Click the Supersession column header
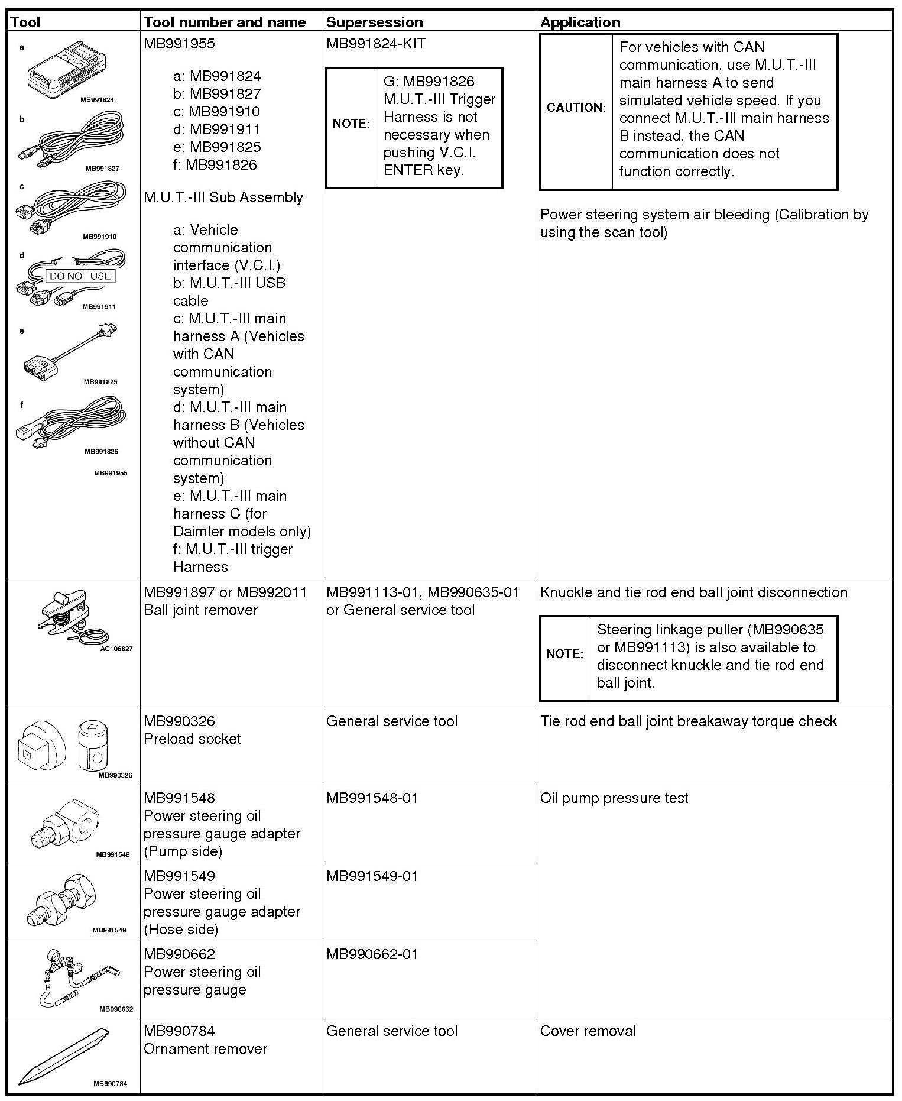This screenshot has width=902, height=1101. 374,22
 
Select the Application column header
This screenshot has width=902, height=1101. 580,22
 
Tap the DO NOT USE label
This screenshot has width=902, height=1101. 80,276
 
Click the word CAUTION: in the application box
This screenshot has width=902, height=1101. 576,108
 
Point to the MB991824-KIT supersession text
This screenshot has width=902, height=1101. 375,44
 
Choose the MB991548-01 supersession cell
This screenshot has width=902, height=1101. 372,798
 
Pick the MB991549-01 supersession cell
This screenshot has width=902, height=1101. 372,876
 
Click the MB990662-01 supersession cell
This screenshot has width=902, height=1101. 372,954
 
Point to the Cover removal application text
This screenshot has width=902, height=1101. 588,1031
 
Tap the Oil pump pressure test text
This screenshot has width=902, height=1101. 614,798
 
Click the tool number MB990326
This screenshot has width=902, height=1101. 179,721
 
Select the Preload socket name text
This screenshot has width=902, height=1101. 192,739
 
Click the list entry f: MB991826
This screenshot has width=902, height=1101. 215,165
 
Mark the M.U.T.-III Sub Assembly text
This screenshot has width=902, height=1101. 223,197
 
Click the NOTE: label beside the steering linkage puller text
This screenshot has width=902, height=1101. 564,654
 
